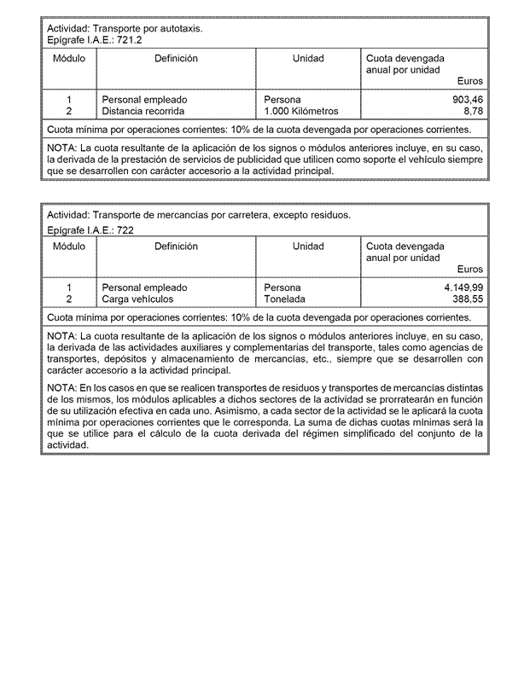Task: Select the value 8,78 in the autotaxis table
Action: (x=473, y=111)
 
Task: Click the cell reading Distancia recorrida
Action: (x=143, y=111)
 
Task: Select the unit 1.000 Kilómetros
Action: (x=301, y=111)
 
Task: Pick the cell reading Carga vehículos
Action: (x=137, y=299)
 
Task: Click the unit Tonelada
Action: (x=285, y=299)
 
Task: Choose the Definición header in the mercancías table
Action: (x=176, y=247)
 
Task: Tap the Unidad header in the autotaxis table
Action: (x=308, y=59)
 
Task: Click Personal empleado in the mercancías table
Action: (x=144, y=288)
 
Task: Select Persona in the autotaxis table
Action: (x=282, y=100)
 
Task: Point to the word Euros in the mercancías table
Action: (x=469, y=270)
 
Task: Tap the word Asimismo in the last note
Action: (x=293, y=410)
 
